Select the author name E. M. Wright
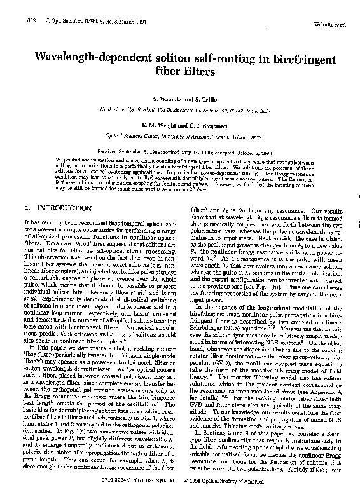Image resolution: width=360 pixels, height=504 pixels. (157, 126)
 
